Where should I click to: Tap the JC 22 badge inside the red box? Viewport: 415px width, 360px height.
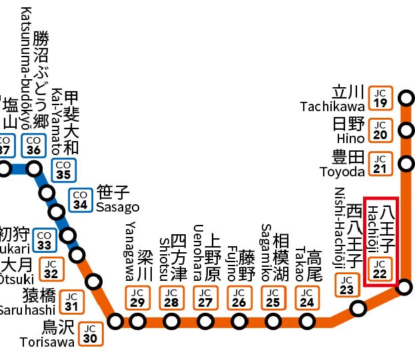(x=380, y=269)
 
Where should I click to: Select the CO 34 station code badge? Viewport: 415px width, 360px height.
(x=81, y=200)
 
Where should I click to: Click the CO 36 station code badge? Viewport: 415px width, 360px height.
(x=33, y=146)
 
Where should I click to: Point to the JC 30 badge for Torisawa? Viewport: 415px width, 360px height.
(x=91, y=333)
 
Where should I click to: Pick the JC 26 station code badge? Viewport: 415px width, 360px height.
(x=238, y=297)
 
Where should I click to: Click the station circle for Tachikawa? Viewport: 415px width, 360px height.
(x=405, y=100)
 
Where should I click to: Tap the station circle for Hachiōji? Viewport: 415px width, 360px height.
(x=405, y=287)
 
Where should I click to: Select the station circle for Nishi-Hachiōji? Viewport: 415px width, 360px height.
(x=358, y=309)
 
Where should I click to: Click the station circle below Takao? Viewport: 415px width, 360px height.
(x=306, y=322)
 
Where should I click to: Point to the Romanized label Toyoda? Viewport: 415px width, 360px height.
(x=342, y=171)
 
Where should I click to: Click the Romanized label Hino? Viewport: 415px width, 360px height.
(x=350, y=138)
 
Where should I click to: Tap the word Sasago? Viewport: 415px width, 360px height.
(x=117, y=207)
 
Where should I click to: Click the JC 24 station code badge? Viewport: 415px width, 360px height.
(x=306, y=297)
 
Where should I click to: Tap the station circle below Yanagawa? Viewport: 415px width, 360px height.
(x=138, y=322)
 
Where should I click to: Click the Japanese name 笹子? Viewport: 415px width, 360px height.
(x=113, y=192)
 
